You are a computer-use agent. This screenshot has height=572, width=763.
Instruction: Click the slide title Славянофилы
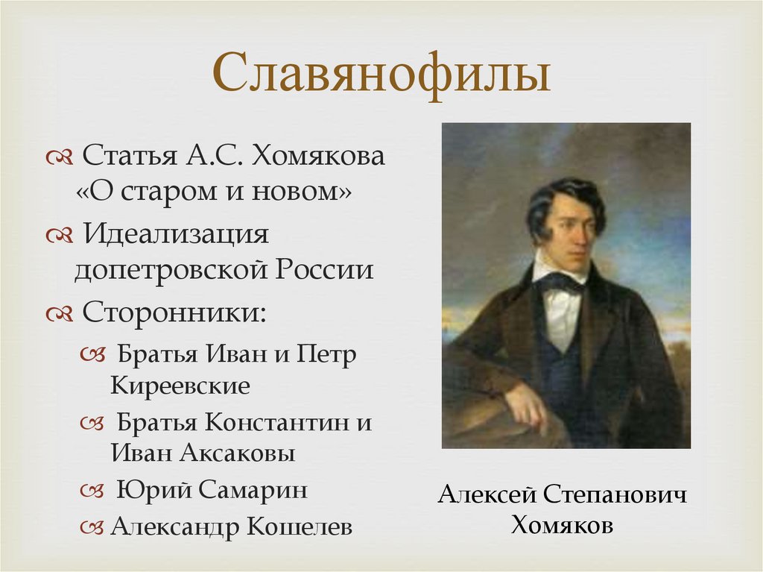(381, 77)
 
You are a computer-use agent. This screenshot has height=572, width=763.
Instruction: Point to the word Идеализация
(174, 234)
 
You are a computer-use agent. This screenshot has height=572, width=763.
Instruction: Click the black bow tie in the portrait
(560, 282)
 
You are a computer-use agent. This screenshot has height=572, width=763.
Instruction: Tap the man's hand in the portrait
(527, 406)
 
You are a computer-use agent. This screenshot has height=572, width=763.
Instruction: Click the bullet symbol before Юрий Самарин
(91, 491)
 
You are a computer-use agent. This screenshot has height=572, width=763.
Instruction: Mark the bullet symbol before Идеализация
(57, 236)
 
